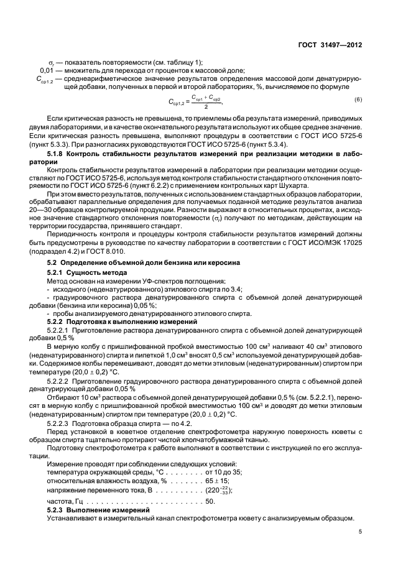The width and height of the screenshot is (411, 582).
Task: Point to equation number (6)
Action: tap(358, 100)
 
